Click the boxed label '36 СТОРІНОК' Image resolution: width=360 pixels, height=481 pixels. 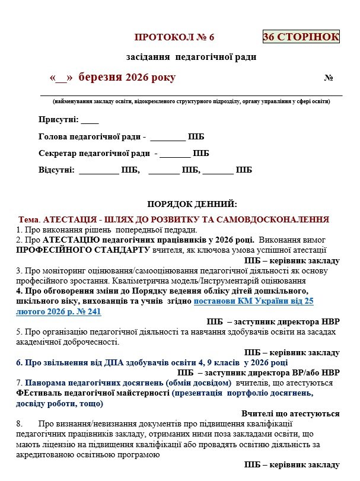pyautogui.click(x=301, y=37)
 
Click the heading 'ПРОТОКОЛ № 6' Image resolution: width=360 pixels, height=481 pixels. pyautogui.click(x=174, y=37)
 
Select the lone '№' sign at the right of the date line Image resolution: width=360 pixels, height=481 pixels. pyautogui.click(x=329, y=78)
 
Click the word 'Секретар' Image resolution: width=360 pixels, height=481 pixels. pyautogui.click(x=58, y=154)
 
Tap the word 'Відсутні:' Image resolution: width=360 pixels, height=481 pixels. pyautogui.click(x=56, y=170)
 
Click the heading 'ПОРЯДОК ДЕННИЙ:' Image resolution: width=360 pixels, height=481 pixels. pyautogui.click(x=192, y=203)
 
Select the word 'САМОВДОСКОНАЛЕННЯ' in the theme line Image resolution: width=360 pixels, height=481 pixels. pyautogui.click(x=279, y=219)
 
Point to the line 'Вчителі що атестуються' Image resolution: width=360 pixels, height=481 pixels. pyautogui.click(x=291, y=414)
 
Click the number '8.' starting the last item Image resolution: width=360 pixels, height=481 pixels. pyautogui.click(x=21, y=423)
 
